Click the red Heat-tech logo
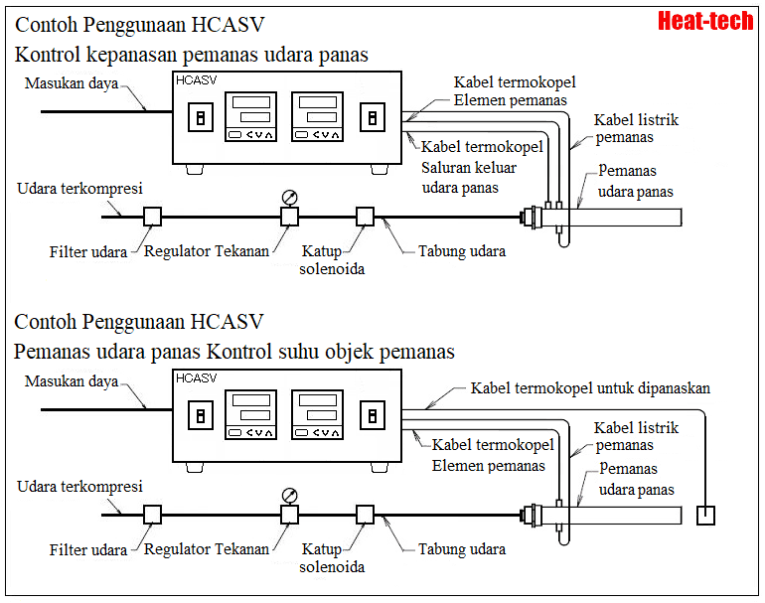(705, 21)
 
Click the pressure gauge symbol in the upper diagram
(289, 196)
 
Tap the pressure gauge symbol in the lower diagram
(289, 494)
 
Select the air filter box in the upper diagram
(152, 216)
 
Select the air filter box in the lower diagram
(152, 514)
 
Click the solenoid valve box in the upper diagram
(365, 216)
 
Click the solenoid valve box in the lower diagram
(365, 514)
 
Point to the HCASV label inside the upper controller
(196, 79)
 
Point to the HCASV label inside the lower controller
(196, 378)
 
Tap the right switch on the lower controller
(372, 416)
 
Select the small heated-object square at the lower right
(705, 516)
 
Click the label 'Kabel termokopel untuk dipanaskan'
(590, 388)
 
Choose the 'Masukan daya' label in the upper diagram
(71, 83)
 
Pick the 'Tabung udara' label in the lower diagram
(461, 548)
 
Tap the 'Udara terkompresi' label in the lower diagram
(80, 487)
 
